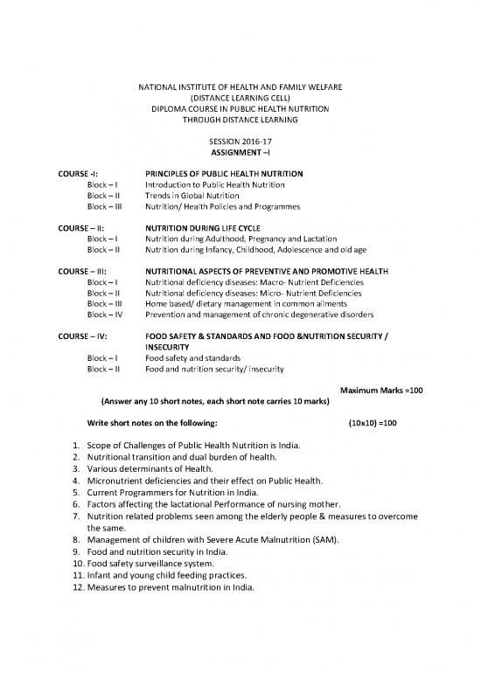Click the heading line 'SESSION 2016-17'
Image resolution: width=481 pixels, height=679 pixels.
(x=240, y=141)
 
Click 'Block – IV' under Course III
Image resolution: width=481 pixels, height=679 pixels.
(x=104, y=314)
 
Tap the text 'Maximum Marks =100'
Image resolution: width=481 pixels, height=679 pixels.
(x=382, y=389)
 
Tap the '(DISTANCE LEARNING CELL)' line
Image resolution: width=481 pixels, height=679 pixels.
(x=240, y=98)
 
